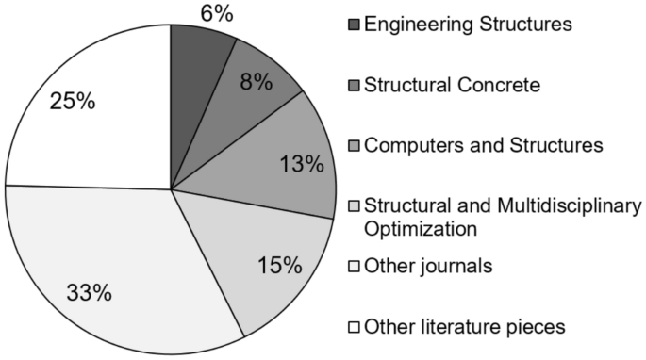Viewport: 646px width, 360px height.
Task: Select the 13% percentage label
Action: coord(303,164)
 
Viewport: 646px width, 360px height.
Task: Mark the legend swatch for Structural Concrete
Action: coord(355,86)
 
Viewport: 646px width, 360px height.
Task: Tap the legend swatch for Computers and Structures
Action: coord(355,147)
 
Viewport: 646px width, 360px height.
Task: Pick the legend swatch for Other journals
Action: coord(355,267)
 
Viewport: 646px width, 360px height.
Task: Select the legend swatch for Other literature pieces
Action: coord(355,328)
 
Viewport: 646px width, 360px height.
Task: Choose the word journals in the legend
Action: coord(456,267)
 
